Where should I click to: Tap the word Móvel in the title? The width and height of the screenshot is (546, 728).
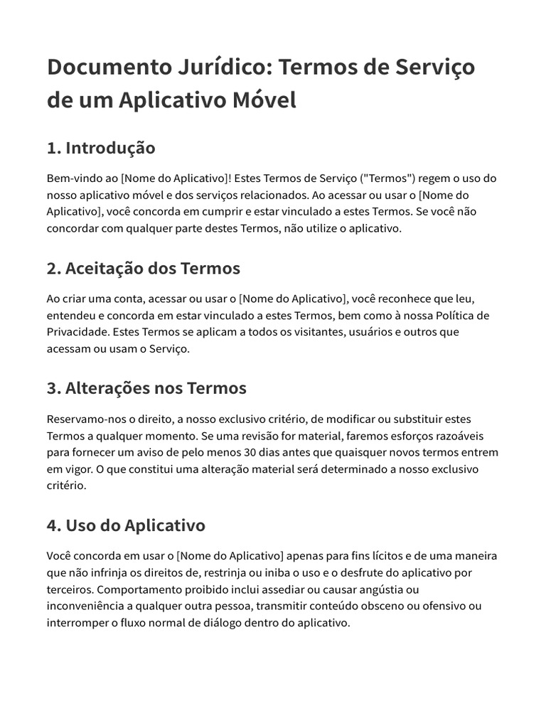pyautogui.click(x=264, y=100)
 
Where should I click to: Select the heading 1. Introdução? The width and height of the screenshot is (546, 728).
pyautogui.click(x=101, y=148)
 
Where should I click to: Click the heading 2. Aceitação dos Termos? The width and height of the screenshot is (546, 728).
pyautogui.click(x=144, y=268)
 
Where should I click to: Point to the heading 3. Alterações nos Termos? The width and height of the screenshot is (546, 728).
pyautogui.click(x=146, y=388)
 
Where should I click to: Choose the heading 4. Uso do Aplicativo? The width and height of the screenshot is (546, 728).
pyautogui.click(x=126, y=525)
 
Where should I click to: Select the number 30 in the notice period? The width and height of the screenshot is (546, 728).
pyautogui.click(x=250, y=452)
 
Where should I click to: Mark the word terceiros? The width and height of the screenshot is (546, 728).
pyautogui.click(x=69, y=589)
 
